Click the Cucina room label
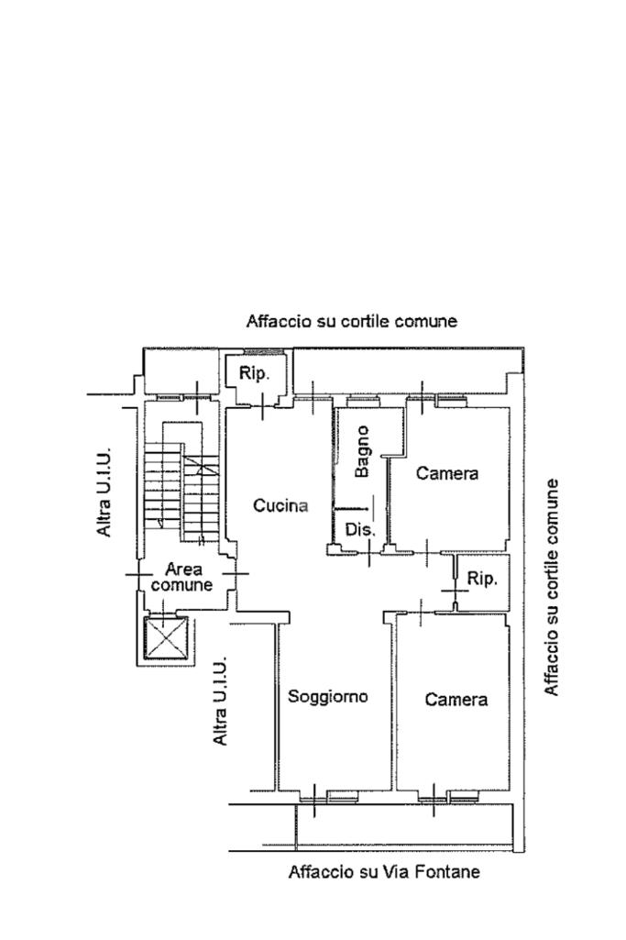280,505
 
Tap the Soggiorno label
328,697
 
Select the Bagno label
362,451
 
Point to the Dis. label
360,530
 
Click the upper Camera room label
447,473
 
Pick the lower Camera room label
456,700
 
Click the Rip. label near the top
254,373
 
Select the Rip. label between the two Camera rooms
482,579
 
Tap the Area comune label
181,577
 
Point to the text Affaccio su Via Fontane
384,871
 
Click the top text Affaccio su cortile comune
352,321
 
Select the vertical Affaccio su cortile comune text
551,588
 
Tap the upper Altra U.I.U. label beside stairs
104,492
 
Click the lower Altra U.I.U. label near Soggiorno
221,701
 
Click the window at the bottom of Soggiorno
329,797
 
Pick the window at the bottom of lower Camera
449,797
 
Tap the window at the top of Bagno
362,398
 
